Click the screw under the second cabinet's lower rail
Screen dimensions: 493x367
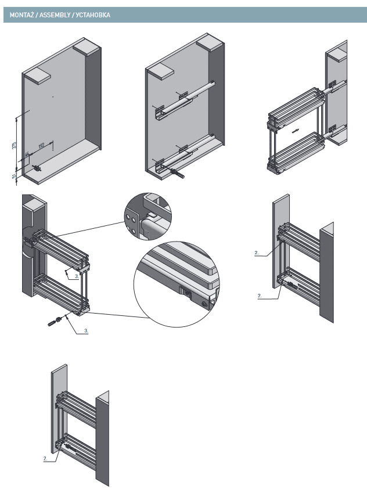click(177, 172)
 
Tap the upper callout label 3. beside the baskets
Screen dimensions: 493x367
click(77, 278)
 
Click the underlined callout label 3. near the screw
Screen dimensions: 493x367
click(86, 330)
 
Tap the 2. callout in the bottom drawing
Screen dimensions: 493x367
click(45, 458)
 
